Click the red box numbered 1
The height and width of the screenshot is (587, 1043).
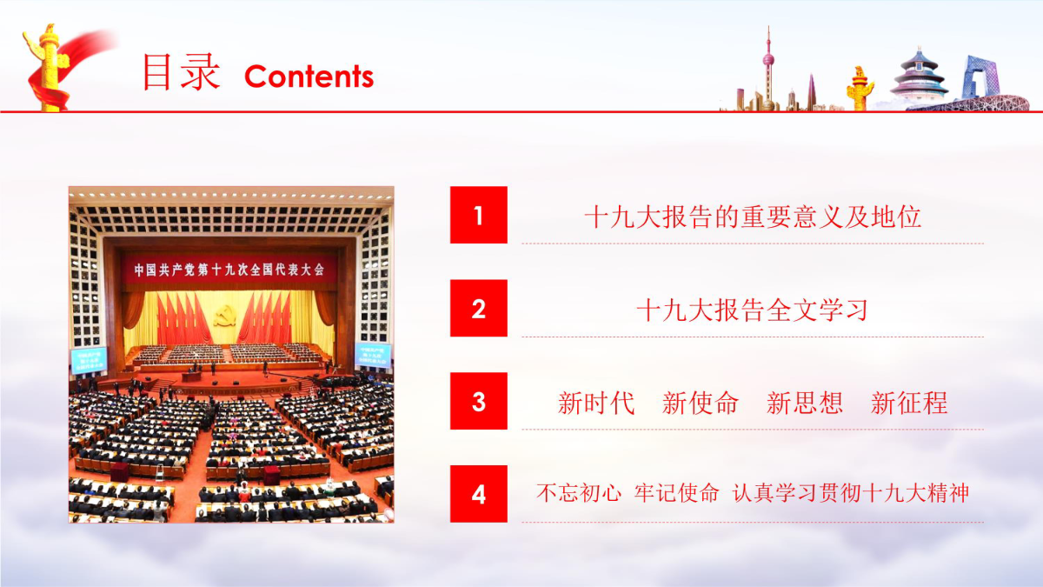click(479, 215)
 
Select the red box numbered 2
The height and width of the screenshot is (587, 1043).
click(479, 308)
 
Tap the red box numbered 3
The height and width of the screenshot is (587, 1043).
click(479, 401)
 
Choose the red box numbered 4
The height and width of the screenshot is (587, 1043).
click(479, 494)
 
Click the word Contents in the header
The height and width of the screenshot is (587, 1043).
click(309, 77)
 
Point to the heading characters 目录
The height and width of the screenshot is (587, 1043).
click(181, 71)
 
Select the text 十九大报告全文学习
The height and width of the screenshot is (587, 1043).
click(752, 310)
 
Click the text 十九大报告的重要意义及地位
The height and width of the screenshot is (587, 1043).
click(753, 217)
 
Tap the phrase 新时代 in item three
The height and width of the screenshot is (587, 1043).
click(596, 403)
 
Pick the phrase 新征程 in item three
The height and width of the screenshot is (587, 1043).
click(909, 403)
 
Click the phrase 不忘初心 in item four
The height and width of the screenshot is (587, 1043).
click(578, 493)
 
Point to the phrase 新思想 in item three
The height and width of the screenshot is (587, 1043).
click(805, 403)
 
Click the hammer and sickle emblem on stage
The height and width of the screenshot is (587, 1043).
click(225, 316)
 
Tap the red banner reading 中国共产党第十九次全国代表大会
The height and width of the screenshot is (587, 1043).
click(229, 270)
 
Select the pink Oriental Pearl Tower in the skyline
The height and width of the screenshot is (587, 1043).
click(768, 69)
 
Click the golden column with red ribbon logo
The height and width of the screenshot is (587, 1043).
click(51, 68)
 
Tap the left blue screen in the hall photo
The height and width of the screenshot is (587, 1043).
click(89, 360)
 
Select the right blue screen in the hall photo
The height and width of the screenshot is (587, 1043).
click(373, 355)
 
